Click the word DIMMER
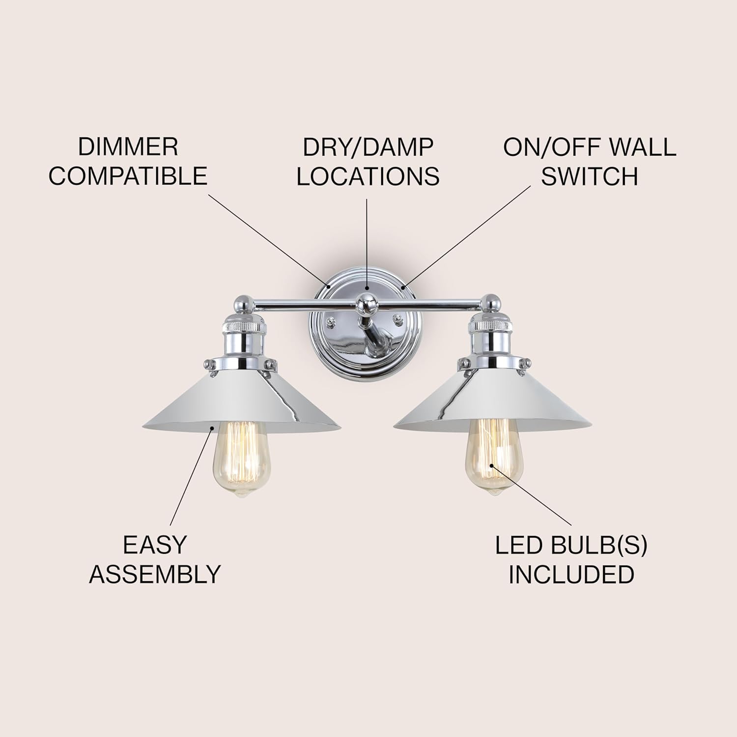pyautogui.click(x=128, y=147)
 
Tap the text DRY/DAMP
pyautogui.click(x=368, y=147)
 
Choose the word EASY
pyautogui.click(x=155, y=544)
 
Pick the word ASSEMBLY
pyautogui.click(x=155, y=574)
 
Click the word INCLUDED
pyautogui.click(x=571, y=574)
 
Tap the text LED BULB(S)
pyautogui.click(x=571, y=545)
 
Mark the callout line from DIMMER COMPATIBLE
pyautogui.click(x=268, y=238)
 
